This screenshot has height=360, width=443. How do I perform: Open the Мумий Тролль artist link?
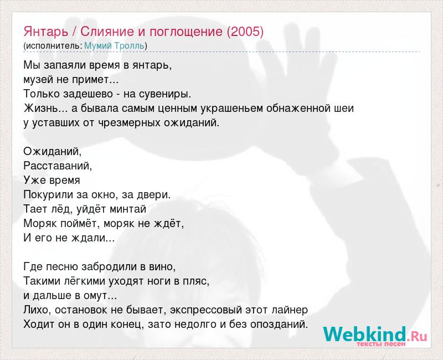115,45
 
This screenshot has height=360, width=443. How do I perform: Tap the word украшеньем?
231,109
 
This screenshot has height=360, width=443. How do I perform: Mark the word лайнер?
290,310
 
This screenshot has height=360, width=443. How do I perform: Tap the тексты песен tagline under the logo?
381,344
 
